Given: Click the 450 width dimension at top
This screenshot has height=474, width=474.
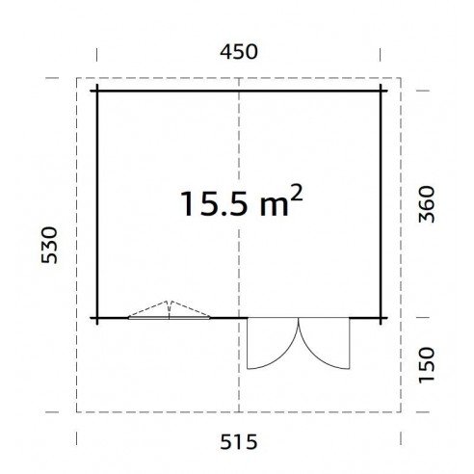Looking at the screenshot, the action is pyautogui.click(x=239, y=52).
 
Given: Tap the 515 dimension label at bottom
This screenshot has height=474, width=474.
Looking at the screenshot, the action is pyautogui.click(x=239, y=442).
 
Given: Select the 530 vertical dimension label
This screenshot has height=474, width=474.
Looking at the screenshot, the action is pyautogui.click(x=49, y=245).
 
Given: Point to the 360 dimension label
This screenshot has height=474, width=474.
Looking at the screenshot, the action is pyautogui.click(x=427, y=204).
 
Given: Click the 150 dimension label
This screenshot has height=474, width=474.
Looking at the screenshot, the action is pyautogui.click(x=427, y=365).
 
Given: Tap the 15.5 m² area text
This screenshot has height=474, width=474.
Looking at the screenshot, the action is pyautogui.click(x=242, y=201).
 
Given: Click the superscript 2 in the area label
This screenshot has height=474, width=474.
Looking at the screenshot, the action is pyautogui.click(x=297, y=193).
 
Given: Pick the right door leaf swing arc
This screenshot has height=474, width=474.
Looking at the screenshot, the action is pyautogui.click(x=313, y=355).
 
